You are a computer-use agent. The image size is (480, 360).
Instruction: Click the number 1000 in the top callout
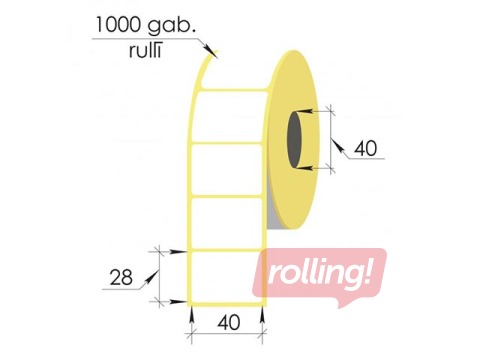coord(119,25)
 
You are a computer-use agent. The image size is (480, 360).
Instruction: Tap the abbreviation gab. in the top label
coord(171,26)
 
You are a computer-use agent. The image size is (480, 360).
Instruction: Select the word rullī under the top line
coord(145,51)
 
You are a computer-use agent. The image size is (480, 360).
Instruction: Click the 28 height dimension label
coord(121,278)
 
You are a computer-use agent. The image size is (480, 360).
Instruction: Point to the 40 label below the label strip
coord(229,323)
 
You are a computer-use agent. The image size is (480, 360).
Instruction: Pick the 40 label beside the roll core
coord(366,148)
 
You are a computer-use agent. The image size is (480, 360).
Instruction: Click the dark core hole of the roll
coord(294,140)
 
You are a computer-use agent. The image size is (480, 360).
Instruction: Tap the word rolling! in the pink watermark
coord(319,274)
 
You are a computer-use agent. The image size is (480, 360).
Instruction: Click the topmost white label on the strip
coord(230,117)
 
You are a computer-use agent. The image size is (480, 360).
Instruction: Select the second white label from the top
coord(227,169)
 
